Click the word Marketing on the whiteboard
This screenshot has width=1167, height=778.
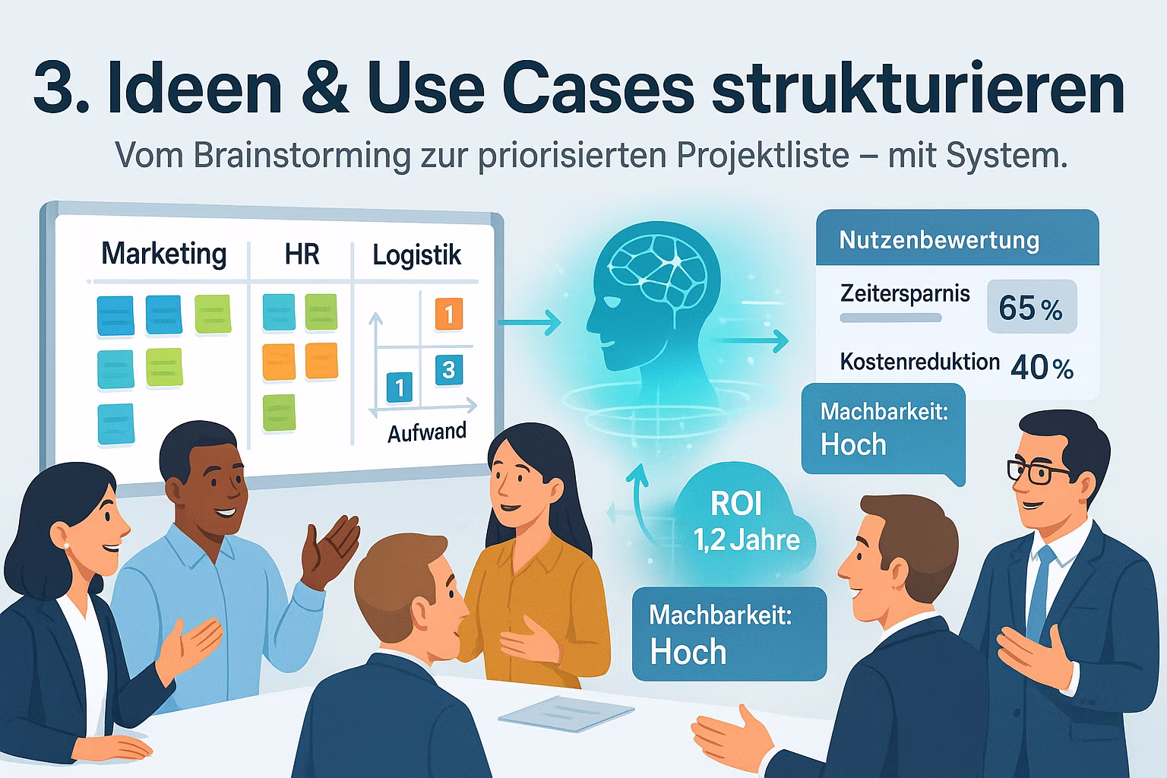[x=164, y=253]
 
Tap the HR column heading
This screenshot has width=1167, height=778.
[x=302, y=254]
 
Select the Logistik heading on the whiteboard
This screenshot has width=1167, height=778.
[x=416, y=255]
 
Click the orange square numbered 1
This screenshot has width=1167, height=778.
[x=449, y=314]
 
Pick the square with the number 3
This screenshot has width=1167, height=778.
[x=448, y=369]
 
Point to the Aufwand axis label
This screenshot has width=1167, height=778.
[x=427, y=432]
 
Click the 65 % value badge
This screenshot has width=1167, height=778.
[x=1031, y=307]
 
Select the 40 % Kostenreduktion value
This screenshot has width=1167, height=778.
[x=1042, y=368]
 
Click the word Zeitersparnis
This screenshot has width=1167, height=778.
[x=905, y=293]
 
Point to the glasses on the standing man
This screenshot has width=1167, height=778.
[x=1039, y=472]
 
